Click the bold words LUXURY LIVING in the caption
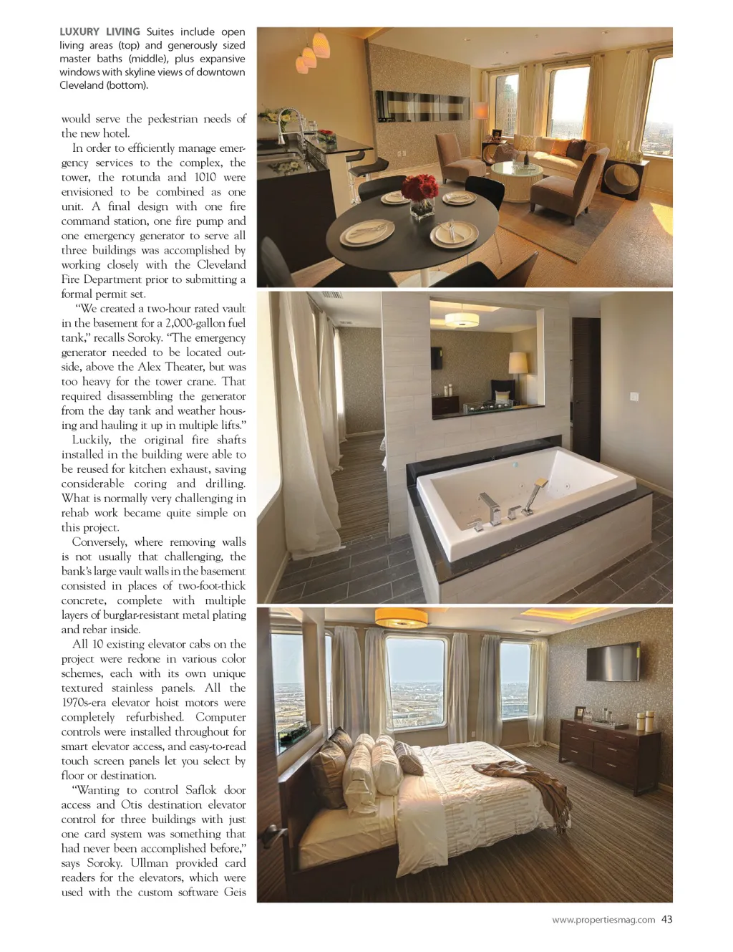point(99,32)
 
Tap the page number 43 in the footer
point(666,920)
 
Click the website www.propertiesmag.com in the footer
point(603,920)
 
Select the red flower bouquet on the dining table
point(420,189)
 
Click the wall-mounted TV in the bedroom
point(613,660)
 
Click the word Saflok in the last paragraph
point(200,790)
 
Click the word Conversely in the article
point(99,542)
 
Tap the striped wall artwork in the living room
point(422,106)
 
